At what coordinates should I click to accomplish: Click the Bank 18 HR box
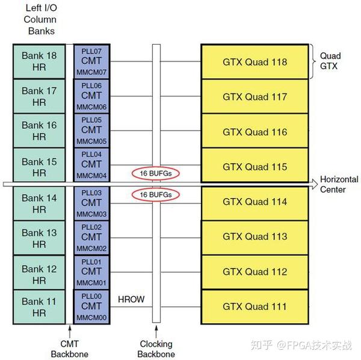[39, 61]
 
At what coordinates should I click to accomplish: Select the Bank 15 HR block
[39, 167]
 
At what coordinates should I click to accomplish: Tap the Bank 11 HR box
[39, 307]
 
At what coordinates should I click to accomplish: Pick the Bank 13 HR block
[39, 238]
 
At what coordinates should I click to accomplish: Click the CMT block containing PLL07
[91, 61]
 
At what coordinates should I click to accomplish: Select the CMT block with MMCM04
[91, 164]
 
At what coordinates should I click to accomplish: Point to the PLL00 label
[91, 296]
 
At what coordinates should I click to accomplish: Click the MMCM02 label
[91, 248]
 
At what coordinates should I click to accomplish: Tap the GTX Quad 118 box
[255, 62]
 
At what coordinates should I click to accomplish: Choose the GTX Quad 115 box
[255, 167]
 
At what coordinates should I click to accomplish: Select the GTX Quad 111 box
[255, 307]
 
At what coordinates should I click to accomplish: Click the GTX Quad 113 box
[255, 237]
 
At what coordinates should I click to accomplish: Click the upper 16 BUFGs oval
[156, 173]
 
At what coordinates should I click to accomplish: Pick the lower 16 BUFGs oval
[156, 195]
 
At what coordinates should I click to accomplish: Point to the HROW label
[131, 299]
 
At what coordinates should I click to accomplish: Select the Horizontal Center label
[339, 185]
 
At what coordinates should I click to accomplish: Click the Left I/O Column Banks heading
[40, 19]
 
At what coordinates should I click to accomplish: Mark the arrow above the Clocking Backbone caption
[156, 331]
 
